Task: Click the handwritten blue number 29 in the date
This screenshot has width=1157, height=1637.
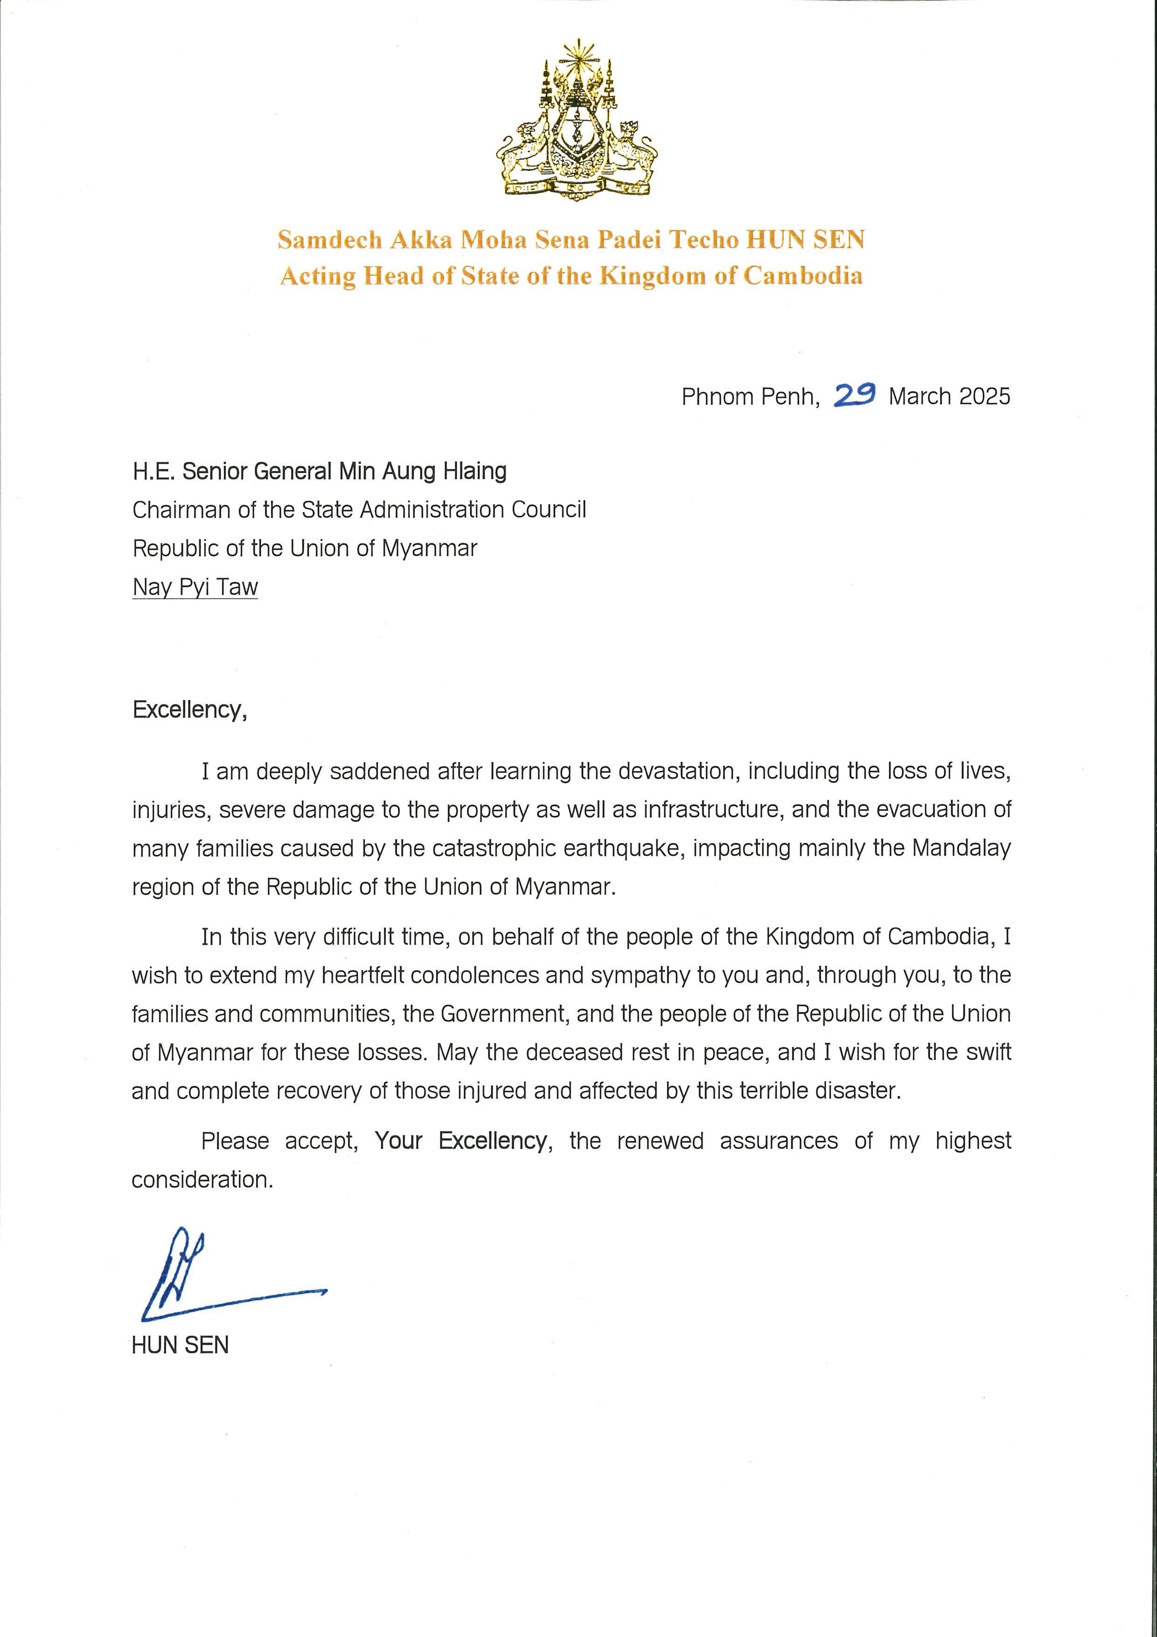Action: click(855, 394)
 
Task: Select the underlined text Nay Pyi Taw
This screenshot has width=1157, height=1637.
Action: click(195, 588)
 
